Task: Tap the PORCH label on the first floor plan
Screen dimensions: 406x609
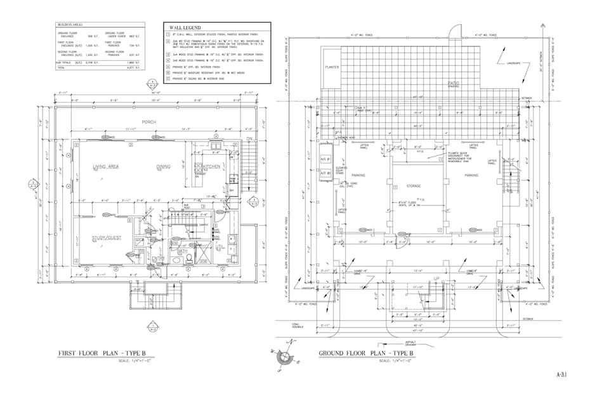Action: (x=148, y=122)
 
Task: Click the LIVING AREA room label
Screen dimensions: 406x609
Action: (x=106, y=167)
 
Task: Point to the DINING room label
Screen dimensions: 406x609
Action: (x=163, y=167)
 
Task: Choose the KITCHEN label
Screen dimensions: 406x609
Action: (x=211, y=166)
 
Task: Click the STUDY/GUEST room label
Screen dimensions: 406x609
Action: (x=106, y=238)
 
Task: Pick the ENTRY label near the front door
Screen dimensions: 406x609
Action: (x=158, y=258)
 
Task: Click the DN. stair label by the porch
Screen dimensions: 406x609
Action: (x=249, y=138)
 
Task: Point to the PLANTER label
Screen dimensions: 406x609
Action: (x=332, y=67)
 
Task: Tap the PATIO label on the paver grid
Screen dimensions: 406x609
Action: (x=454, y=83)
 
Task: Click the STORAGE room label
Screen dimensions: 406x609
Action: (x=414, y=186)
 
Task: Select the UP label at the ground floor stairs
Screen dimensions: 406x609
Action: (x=436, y=279)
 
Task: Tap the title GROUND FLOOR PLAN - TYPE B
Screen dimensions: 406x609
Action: (x=366, y=353)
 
